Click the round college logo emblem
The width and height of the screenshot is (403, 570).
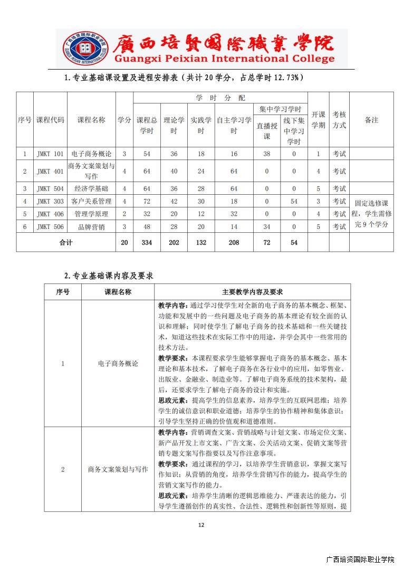coord(80,48)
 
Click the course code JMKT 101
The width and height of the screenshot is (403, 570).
coord(50,154)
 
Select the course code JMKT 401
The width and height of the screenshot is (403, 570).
coord(50,171)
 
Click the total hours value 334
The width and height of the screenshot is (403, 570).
coord(147,242)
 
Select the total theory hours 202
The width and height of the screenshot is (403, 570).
coord(174,242)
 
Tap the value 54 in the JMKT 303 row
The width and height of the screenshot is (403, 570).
coord(294,201)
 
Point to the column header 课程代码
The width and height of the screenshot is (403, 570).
coord(50,120)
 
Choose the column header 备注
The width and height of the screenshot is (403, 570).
coord(371,120)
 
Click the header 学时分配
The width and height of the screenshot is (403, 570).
coord(220,98)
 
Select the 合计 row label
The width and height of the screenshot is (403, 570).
coord(66,242)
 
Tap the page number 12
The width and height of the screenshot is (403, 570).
coord(200,525)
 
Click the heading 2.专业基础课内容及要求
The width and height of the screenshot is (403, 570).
coord(109,275)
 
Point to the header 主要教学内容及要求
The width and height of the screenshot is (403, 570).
coord(252,292)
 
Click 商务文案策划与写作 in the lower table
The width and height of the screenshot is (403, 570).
coord(118,469)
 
